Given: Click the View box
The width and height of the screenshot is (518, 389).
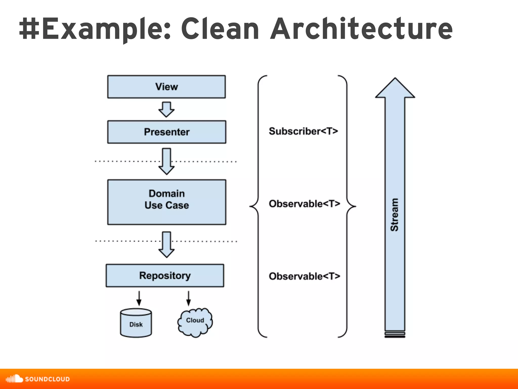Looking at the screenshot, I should click(166, 87).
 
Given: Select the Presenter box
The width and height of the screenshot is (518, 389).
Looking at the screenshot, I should click(167, 132).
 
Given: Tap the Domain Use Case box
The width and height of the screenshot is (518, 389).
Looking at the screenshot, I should click(167, 202).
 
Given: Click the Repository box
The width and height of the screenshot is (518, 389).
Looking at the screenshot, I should click(165, 276).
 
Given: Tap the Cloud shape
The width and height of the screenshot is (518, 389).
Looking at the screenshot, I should click(195, 322).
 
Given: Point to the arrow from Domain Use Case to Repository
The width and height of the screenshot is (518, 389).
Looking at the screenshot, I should click(166, 245).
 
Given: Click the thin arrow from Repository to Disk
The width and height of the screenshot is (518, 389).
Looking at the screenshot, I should click(139, 299).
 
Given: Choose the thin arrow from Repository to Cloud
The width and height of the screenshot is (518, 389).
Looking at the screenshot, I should click(188, 299).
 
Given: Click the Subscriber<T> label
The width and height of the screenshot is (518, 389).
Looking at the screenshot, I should click(303, 131).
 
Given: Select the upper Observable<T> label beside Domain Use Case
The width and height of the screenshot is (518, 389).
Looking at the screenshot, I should click(304, 204).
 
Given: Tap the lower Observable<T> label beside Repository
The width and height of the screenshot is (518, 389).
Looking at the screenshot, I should click(304, 276).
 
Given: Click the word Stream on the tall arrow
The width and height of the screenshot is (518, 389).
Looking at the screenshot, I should click(395, 215).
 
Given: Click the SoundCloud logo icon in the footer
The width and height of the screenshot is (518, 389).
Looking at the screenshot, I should click(14, 379).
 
